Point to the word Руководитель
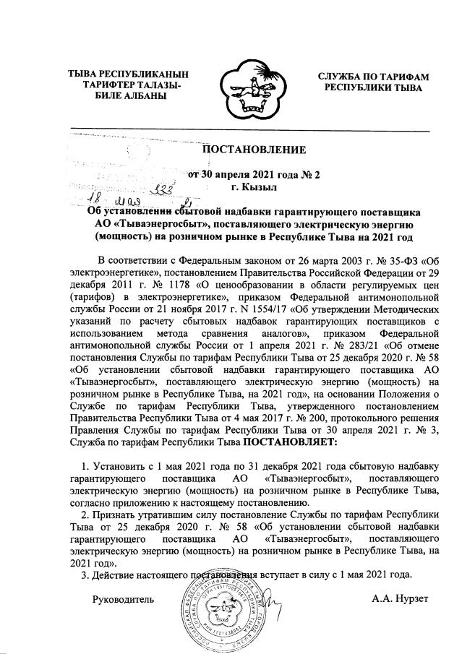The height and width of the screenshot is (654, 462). pyautogui.click(x=121, y=599)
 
